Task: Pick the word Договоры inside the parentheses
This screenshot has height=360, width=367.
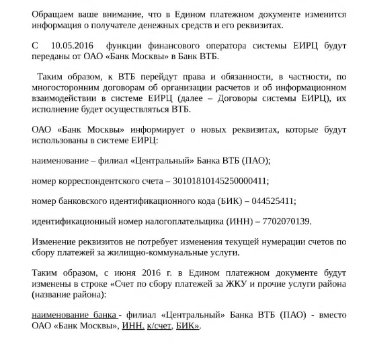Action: [245, 97]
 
